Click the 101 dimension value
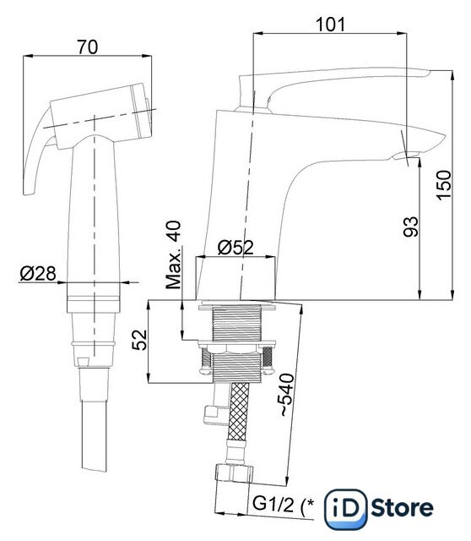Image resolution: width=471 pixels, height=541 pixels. point(330,25)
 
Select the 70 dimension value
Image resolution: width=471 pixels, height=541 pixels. point(88,47)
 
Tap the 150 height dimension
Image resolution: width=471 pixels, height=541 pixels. point(443,185)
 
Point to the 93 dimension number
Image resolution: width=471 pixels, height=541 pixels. point(410,227)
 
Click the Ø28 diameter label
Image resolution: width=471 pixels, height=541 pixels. point(37,274)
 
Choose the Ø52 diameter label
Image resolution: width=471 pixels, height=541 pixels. point(235,247)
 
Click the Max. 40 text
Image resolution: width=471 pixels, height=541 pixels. point(173,254)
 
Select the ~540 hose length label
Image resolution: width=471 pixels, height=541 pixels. point(287,395)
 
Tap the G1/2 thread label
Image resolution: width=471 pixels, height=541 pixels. point(273,505)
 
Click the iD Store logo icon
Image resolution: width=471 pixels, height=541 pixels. point(345,509)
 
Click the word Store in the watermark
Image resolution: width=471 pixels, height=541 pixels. point(402,508)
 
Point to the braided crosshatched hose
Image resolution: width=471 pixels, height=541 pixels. point(238,411)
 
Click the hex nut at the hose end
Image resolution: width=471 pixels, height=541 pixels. point(235,473)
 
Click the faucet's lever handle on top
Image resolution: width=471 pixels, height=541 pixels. point(331,87)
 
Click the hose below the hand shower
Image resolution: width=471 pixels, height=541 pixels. point(94,436)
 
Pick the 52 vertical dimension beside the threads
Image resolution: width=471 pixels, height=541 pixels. point(140,340)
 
